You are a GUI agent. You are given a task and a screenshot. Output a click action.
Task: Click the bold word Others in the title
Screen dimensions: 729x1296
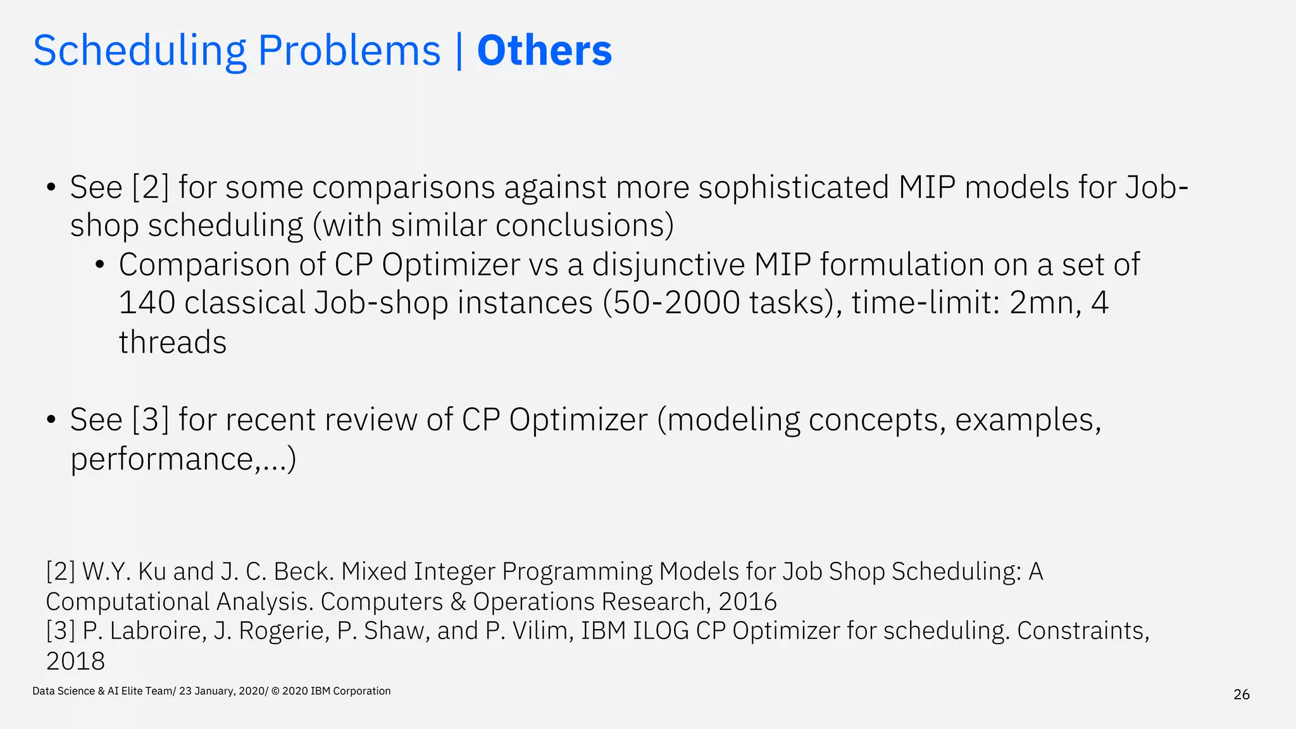[544, 51]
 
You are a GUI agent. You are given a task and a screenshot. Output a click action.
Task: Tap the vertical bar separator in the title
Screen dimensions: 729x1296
[459, 51]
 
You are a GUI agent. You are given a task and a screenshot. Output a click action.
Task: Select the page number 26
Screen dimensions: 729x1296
[1242, 695]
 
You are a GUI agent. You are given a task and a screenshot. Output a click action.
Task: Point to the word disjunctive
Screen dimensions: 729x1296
[668, 265]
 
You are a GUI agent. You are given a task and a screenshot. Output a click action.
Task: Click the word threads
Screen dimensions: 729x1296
[172, 342]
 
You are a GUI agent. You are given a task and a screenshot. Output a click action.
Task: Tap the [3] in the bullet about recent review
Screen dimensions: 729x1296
[151, 420]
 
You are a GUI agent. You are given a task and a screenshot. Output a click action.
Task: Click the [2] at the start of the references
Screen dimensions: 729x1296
[61, 572]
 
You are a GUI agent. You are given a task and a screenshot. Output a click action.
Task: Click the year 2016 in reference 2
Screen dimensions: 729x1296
[747, 602]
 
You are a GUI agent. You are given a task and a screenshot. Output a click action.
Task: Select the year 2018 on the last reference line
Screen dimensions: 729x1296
[75, 661]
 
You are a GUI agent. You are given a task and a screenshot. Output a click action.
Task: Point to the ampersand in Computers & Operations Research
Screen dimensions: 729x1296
[458, 602]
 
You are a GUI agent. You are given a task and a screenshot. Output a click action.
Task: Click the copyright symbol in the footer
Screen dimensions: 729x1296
[275, 691]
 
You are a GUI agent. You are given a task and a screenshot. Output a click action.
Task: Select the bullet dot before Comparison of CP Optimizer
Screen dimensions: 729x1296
[99, 265]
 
